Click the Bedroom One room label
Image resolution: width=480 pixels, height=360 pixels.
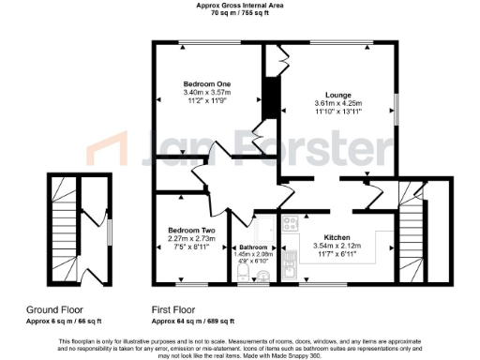(x=207, y=84)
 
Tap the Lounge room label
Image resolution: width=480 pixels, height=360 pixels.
(x=337, y=95)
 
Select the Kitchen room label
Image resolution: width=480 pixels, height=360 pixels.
(x=337, y=238)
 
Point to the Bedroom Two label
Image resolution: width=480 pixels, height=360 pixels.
(x=191, y=231)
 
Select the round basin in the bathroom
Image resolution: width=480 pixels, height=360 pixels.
(x=264, y=275)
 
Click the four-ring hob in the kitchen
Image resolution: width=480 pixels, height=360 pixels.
(x=291, y=224)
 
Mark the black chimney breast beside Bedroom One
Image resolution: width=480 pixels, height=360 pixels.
(x=270, y=98)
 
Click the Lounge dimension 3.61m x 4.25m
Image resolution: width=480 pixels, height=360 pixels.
(x=337, y=103)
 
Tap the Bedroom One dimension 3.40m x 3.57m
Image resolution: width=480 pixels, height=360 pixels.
(x=207, y=93)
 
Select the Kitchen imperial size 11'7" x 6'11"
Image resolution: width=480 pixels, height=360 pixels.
(x=337, y=255)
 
